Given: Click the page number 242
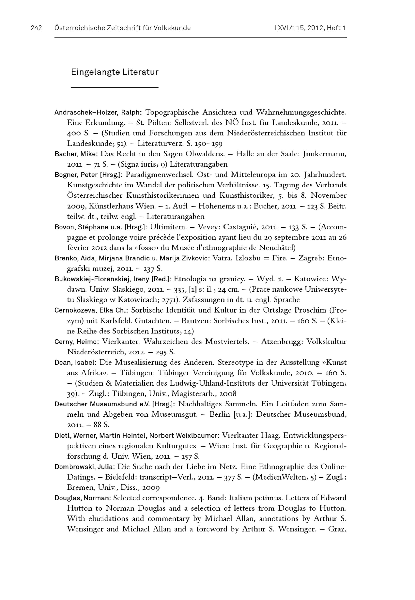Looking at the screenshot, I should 36,28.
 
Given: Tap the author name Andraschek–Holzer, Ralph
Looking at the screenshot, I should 98,113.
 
